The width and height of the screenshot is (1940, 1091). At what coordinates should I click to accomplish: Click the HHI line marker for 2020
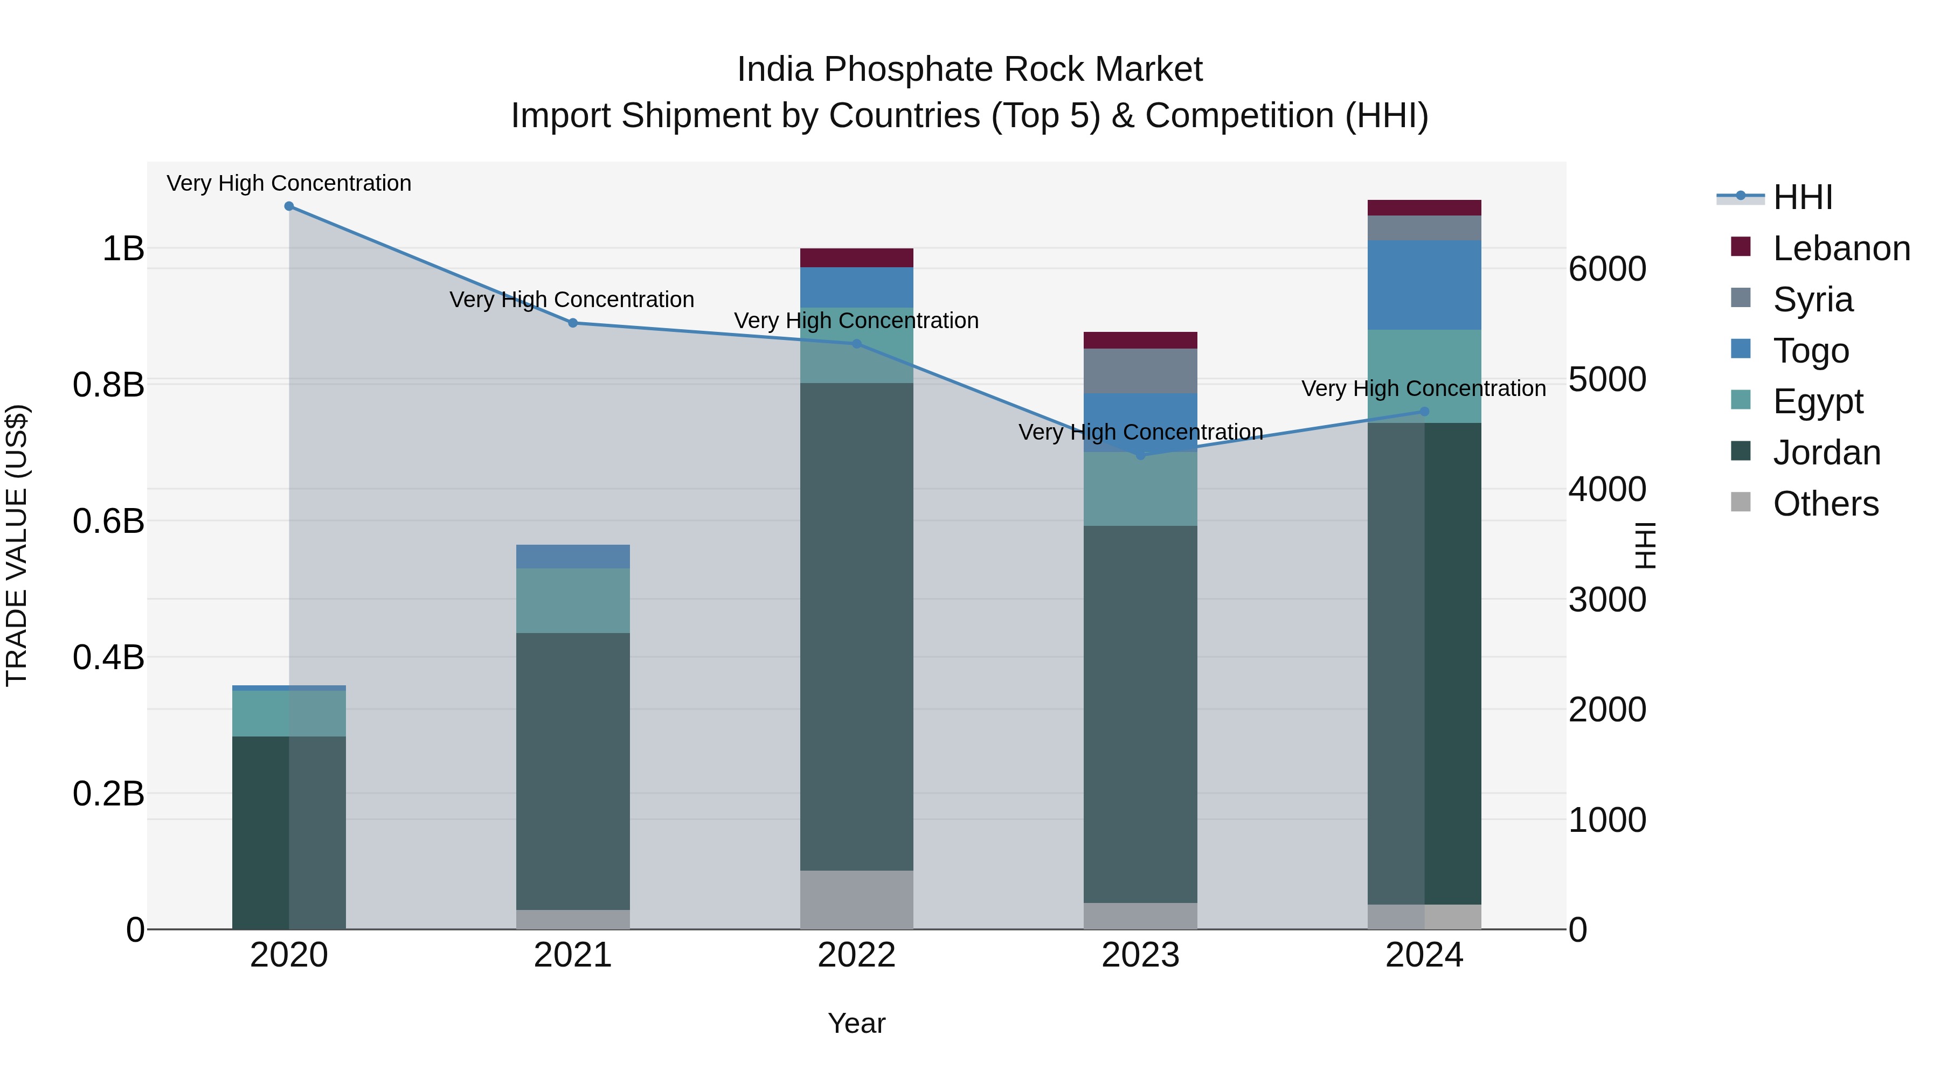pos(289,206)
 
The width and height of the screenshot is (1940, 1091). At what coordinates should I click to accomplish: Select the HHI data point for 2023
pos(1140,455)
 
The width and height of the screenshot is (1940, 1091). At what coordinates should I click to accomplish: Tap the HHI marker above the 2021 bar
pos(572,323)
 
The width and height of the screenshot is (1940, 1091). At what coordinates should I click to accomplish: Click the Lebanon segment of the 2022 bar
pos(856,258)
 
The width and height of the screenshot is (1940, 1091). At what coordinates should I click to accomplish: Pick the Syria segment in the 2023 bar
pos(1140,371)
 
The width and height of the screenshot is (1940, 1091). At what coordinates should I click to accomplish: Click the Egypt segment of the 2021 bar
pos(572,600)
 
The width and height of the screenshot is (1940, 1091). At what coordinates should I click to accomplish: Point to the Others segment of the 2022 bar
pos(856,899)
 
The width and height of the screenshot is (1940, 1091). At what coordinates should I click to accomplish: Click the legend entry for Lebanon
pos(1841,248)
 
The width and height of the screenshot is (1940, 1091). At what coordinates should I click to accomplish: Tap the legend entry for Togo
pos(1811,351)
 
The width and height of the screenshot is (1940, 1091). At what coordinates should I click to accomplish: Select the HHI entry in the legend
pos(1802,197)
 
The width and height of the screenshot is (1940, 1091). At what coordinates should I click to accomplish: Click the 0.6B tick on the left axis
pos(108,521)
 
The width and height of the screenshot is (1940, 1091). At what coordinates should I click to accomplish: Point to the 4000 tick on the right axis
pos(1607,489)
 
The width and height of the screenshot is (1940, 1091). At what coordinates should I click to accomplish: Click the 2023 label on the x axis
pos(1140,955)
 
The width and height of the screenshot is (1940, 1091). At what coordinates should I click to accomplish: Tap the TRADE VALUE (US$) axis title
pos(17,545)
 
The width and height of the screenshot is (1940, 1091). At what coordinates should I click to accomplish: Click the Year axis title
pos(856,1023)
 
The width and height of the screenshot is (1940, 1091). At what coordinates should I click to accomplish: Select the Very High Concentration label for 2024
pos(1423,388)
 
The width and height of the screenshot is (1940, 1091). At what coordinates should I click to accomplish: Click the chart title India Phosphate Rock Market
pos(969,70)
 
